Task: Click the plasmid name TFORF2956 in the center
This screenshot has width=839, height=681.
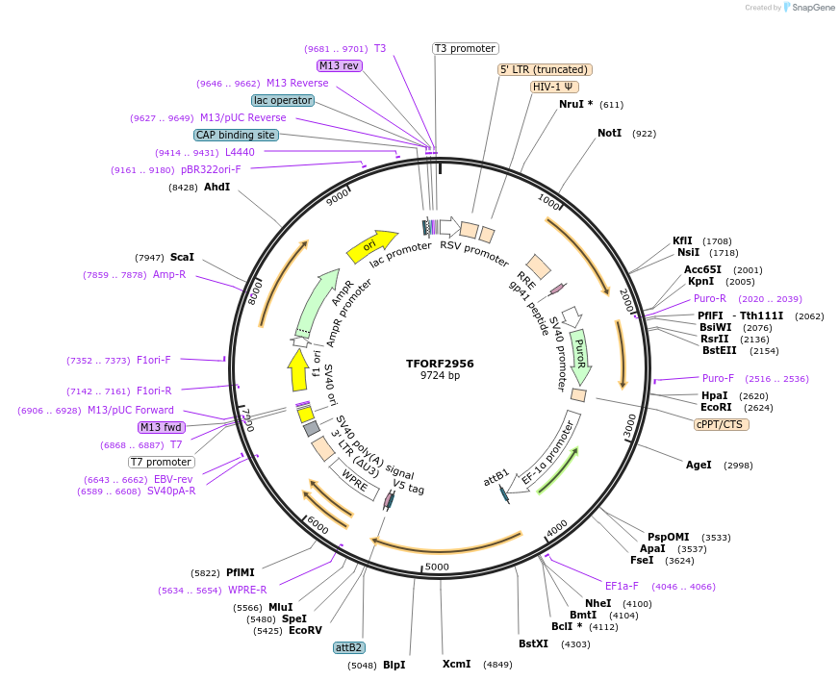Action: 440,364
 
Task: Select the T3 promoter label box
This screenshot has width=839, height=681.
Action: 465,48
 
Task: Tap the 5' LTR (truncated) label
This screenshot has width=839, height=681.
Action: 544,69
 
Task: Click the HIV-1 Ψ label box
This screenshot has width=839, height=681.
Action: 554,87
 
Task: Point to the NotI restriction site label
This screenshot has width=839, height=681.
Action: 610,134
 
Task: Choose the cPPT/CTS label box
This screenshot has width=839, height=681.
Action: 722,424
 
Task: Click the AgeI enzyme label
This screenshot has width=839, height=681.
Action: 699,465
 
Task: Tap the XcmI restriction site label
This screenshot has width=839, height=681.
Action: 456,665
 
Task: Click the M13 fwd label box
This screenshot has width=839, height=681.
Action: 162,427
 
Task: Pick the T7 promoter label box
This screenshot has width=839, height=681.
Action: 161,462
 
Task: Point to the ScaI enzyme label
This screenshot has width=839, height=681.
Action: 182,257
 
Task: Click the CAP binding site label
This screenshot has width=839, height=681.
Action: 236,135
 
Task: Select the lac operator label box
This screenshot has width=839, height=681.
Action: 283,100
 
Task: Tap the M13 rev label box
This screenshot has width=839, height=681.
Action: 339,65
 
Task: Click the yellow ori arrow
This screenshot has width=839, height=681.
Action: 372,246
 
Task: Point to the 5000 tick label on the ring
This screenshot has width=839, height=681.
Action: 437,567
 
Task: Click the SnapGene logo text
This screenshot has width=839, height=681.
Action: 811,8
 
